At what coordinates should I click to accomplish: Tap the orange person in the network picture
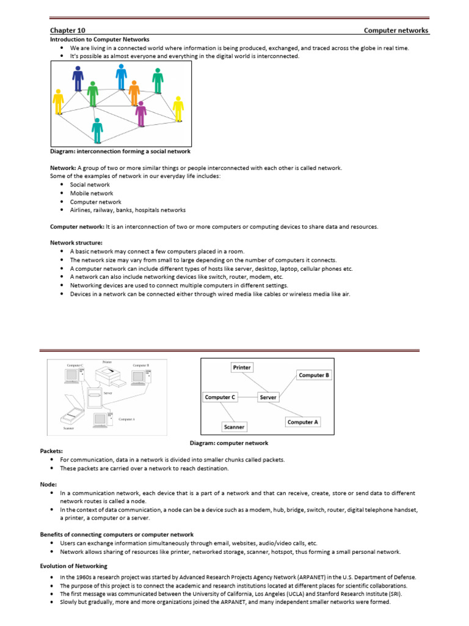click(x=134, y=92)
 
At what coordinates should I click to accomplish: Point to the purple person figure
click(x=141, y=114)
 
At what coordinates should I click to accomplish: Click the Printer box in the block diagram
click(x=242, y=367)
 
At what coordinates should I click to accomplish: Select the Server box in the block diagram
click(x=268, y=397)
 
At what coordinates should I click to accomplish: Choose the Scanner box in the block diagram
click(x=234, y=427)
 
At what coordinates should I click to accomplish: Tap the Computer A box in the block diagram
click(x=302, y=422)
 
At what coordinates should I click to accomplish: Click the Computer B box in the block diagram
click(x=313, y=375)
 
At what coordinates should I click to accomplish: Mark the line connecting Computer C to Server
click(x=247, y=397)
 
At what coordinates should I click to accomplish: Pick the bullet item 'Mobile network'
click(x=92, y=193)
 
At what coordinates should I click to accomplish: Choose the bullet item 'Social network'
click(x=90, y=185)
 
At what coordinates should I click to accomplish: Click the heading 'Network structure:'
click(x=76, y=243)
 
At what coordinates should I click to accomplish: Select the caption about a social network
click(x=120, y=151)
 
